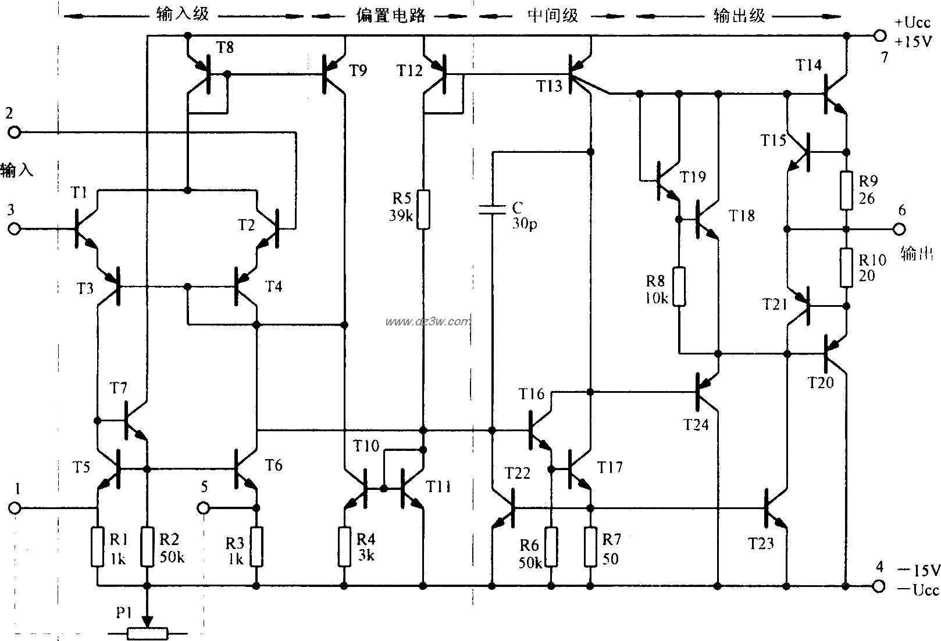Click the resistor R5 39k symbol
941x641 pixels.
424,209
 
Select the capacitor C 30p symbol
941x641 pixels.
492,210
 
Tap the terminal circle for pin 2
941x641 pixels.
13,133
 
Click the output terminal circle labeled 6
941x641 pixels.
899,229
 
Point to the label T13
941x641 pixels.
549,87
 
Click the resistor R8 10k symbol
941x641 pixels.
679,287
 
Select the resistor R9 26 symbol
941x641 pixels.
847,190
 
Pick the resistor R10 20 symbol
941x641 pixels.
847,267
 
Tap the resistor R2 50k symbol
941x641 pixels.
148,547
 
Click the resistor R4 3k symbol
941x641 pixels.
345,547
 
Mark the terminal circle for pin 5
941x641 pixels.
203,508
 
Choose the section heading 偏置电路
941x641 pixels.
391,16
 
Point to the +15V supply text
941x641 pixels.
914,42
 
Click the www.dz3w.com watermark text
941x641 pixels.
427,321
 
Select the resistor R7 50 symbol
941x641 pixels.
590,547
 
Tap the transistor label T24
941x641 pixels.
696,425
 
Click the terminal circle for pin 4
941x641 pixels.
879,586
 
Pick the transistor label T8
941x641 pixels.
224,48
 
